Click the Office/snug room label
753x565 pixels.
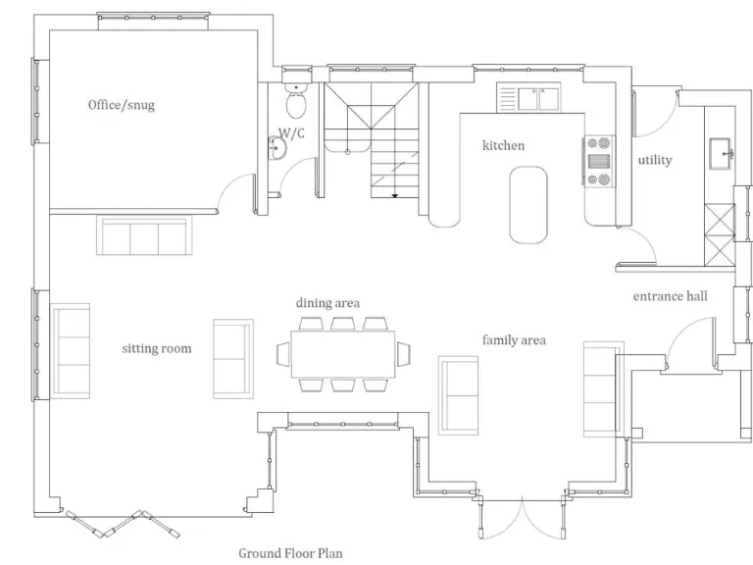(x=121, y=105)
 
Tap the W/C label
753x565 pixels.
(x=291, y=132)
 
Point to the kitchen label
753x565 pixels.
(x=503, y=145)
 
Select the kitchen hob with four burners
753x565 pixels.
(x=597, y=160)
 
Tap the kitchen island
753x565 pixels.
(x=528, y=203)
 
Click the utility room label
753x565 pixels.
(x=655, y=160)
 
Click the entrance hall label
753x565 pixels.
(x=670, y=295)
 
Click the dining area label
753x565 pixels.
(x=327, y=303)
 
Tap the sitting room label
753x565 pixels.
(x=156, y=348)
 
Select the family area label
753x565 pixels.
(x=513, y=340)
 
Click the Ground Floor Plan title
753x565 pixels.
(x=291, y=552)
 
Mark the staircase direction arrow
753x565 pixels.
(x=394, y=194)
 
